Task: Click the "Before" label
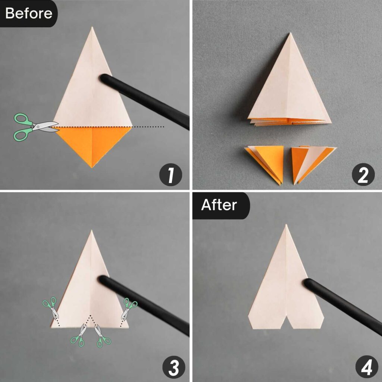pyautogui.click(x=28, y=13)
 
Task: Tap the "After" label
pyautogui.click(x=219, y=205)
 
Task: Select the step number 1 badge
pyautogui.click(x=170, y=175)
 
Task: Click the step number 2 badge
pyautogui.click(x=363, y=175)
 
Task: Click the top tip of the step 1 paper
pyautogui.click(x=92, y=28)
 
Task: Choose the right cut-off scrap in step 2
pyautogui.click(x=311, y=162)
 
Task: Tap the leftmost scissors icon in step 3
pyautogui.click(x=51, y=309)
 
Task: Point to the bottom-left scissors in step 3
pyautogui.click(x=79, y=335)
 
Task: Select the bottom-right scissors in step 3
pyautogui.click(x=103, y=335)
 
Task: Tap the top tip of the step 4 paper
pyautogui.click(x=286, y=226)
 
